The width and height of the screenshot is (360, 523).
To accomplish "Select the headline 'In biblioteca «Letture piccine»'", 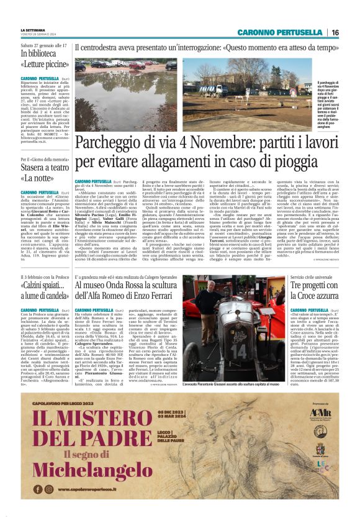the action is tap(43, 58).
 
